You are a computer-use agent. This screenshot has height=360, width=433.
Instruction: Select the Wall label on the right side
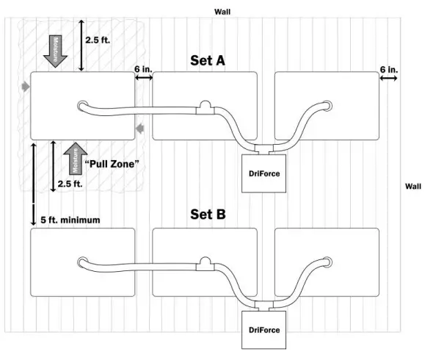[x=413, y=187]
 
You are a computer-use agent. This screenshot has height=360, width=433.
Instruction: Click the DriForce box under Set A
[x=261, y=173]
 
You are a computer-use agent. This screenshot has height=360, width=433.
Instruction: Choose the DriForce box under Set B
[x=261, y=330]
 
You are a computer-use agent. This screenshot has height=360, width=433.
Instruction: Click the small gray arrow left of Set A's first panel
[x=26, y=87]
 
